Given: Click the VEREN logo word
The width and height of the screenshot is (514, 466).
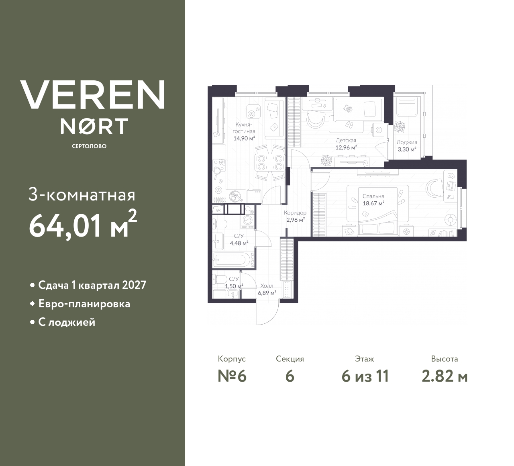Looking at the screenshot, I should click(92, 94).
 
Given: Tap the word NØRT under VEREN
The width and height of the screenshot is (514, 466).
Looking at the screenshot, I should click(94, 126).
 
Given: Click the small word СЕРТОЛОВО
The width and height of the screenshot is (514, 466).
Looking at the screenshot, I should click(89, 146).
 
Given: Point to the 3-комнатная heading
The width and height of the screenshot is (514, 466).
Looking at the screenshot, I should click(82, 195).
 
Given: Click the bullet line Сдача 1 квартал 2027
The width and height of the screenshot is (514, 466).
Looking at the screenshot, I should click(92, 285).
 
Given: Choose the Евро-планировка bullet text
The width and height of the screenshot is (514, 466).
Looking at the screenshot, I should click(84, 304).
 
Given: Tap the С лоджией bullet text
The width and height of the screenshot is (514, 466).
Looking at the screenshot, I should click(67, 322).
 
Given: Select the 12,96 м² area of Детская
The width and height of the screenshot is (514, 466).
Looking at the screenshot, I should click(346, 147).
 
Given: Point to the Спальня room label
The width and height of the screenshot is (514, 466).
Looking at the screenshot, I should click(373, 196).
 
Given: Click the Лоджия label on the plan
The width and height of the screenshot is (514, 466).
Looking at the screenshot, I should click(406, 142).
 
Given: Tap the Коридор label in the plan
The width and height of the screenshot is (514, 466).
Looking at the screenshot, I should click(295, 213).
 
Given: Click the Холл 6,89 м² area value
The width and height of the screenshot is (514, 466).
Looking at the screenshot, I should click(267, 293).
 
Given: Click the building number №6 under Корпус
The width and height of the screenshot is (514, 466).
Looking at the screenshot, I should click(232, 376).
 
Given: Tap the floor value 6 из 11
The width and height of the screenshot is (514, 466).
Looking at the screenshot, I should click(365, 376).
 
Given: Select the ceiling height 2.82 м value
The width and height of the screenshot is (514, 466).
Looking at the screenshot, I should click(445, 376).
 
